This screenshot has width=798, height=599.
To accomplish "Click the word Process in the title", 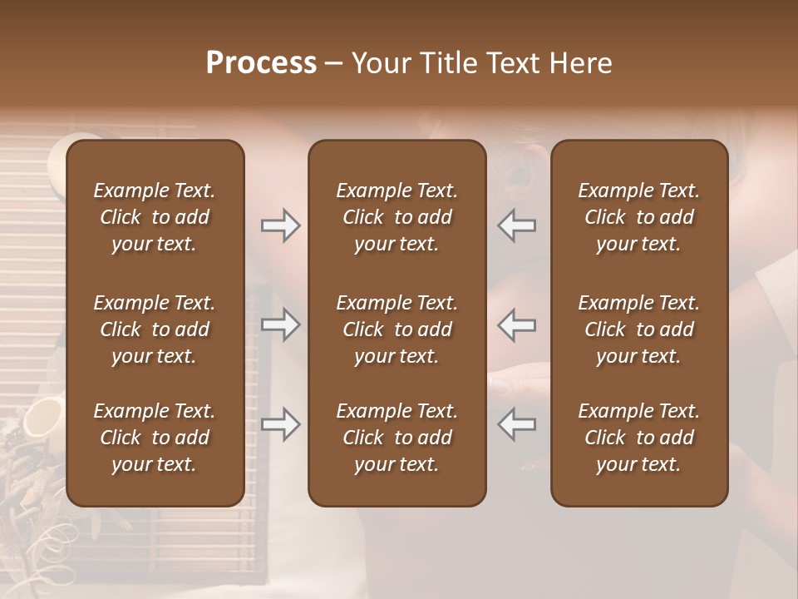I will (x=261, y=63).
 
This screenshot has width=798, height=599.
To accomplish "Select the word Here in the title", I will (x=581, y=63).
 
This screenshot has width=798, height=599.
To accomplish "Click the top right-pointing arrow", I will (x=280, y=225).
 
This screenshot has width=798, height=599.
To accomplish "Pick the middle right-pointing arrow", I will (x=280, y=324).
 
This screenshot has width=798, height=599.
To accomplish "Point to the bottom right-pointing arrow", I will (x=280, y=424).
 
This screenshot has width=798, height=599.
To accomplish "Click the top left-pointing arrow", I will (x=517, y=225).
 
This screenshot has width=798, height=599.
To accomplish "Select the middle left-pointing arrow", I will (x=517, y=324).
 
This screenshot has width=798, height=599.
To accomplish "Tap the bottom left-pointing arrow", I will (x=517, y=424).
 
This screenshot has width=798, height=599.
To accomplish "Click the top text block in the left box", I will (x=155, y=217).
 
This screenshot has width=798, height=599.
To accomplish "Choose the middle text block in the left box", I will (x=155, y=329).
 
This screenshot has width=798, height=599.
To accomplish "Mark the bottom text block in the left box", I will (x=155, y=438).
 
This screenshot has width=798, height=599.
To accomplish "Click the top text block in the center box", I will (x=397, y=217).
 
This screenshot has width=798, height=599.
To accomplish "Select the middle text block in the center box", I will (x=397, y=329).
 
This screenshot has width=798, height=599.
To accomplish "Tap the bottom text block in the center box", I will (x=397, y=438).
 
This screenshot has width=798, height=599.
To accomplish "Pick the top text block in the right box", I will (x=638, y=217).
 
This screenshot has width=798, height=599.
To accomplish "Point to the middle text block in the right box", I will (x=638, y=329).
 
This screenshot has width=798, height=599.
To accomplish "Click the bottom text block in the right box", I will (x=638, y=438).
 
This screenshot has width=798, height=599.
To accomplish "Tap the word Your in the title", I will (x=379, y=63).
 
